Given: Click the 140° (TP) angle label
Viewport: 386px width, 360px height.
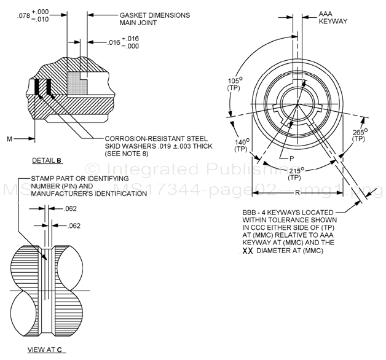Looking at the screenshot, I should tap(241, 144).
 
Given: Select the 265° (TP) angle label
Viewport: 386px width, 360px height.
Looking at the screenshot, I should tap(358, 135).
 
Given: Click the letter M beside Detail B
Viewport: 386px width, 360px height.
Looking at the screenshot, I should tap(10, 139).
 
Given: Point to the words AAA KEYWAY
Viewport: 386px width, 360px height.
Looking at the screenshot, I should tap(333, 17).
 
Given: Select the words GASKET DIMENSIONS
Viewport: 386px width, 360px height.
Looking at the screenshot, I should tap(154, 15).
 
